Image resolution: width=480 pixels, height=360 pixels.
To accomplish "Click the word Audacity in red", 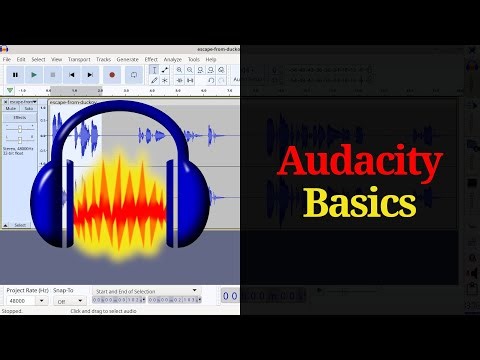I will [x=360, y=163].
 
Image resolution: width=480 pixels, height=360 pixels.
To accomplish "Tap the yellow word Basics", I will [x=360, y=203].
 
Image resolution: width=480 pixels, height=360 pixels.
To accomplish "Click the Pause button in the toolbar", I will [x=15, y=74].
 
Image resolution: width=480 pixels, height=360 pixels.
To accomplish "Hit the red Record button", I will [x=112, y=74].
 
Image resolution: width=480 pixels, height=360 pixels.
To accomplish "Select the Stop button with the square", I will [x=53, y=74].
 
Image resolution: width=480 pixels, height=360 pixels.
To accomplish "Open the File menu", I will [x=7, y=59].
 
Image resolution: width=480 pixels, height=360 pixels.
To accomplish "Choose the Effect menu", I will [x=151, y=59].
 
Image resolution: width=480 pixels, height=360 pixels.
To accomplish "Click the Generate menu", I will [x=128, y=59].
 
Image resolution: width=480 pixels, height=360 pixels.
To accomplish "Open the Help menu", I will [x=211, y=59].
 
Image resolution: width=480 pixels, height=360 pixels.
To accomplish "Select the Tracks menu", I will [x=104, y=59].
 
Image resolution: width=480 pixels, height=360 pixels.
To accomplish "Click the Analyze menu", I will [x=173, y=59].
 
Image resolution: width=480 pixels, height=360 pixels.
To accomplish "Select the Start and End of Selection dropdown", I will [x=145, y=290].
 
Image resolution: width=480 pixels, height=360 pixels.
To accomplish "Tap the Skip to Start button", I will [x=72, y=74].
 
